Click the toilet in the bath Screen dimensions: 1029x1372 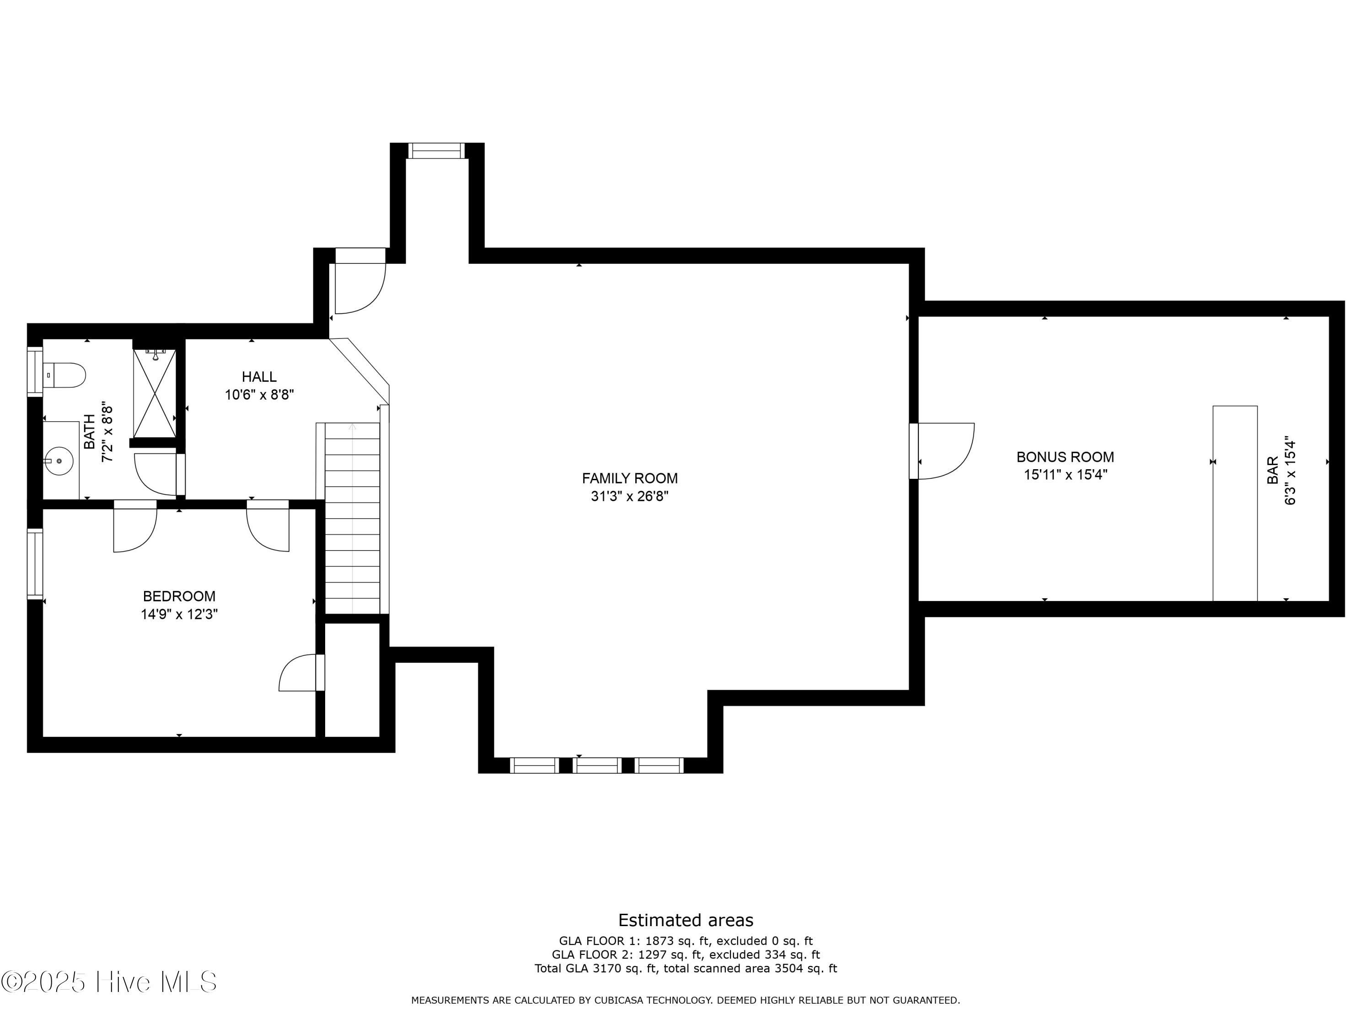[65, 375]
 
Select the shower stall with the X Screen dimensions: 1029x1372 [155, 394]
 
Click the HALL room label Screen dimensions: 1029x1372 [259, 376]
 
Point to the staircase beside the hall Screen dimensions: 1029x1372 [352, 518]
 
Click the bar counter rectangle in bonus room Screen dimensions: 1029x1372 [1234, 503]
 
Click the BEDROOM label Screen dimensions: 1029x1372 [179, 596]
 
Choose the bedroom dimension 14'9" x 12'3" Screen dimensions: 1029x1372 [179, 614]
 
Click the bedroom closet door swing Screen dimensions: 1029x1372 [300, 673]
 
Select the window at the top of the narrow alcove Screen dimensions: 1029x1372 [436, 151]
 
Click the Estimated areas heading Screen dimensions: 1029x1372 [686, 920]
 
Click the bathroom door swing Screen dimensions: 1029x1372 [155, 475]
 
